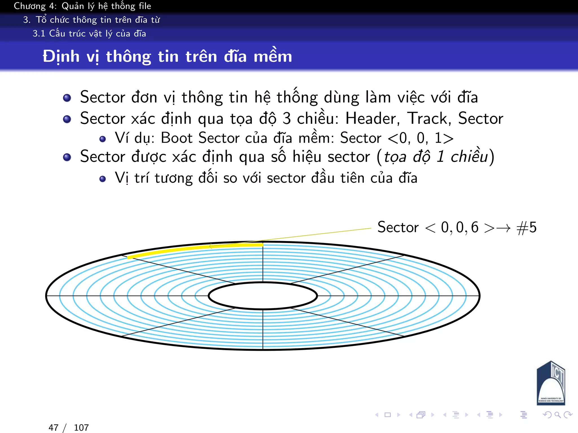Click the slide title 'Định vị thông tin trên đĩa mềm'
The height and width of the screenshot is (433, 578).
[x=167, y=56]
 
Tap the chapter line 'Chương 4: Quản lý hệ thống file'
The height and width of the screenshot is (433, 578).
[x=82, y=6]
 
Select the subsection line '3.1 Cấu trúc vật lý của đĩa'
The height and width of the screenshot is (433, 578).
[x=89, y=34]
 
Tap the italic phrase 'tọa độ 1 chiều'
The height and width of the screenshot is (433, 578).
[x=436, y=157]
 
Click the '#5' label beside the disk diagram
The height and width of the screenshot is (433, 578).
[x=527, y=227]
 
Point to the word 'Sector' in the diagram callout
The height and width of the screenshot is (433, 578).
[x=398, y=227]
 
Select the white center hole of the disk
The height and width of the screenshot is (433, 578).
[x=263, y=296]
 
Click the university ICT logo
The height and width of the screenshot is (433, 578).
[x=551, y=383]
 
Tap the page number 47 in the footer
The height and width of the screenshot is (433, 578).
[x=54, y=428]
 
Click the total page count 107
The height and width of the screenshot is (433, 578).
[x=81, y=428]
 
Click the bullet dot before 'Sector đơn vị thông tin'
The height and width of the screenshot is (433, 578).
[x=67, y=98]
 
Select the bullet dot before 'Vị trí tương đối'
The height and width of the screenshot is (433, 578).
[x=103, y=179]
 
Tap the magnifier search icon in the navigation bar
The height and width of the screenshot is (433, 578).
[x=557, y=415]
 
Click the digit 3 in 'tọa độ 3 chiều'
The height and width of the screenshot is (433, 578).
[x=287, y=118]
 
